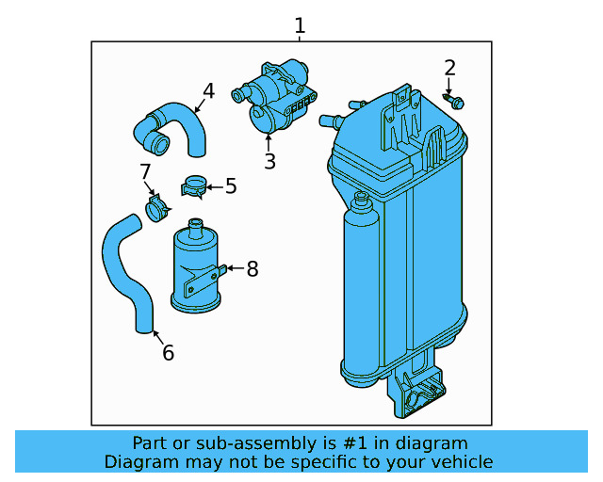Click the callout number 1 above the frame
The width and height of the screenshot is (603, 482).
300,25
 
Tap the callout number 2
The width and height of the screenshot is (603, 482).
449,68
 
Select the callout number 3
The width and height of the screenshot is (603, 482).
269,162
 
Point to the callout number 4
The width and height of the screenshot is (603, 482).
208,91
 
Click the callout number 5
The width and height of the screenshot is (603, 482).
230,186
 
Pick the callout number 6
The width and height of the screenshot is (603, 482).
168,353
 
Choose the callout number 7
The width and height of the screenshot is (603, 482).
145,172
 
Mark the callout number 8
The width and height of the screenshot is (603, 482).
252,269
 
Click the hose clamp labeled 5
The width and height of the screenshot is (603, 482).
194,186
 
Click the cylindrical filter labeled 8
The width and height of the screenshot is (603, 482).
196,268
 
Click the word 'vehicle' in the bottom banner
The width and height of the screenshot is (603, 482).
461,461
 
